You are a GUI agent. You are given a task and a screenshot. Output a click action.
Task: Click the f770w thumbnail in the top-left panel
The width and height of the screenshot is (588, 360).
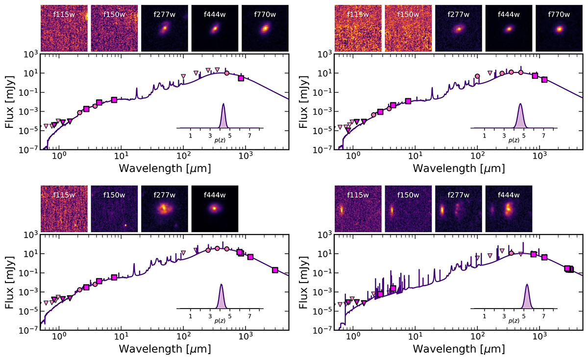click(x=265, y=28)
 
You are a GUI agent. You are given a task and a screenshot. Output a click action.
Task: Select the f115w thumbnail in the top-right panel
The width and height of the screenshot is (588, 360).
click(x=358, y=28)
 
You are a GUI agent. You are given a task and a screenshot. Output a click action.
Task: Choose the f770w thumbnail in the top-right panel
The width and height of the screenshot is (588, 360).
click(x=559, y=28)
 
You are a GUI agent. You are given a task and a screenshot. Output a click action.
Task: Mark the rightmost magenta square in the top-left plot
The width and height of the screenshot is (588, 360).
click(x=241, y=78)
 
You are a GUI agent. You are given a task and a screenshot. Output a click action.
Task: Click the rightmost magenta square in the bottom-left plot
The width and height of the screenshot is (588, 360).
click(x=275, y=270)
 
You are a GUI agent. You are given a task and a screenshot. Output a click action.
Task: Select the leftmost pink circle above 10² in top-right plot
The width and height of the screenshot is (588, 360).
click(x=478, y=76)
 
